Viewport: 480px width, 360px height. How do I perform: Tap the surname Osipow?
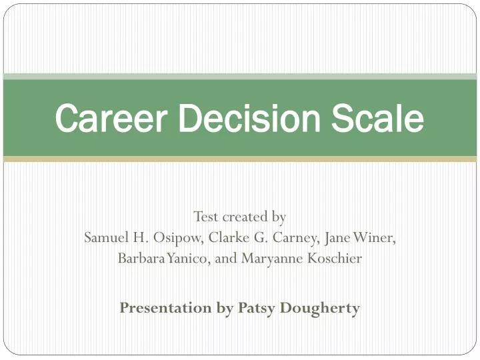click(180, 238)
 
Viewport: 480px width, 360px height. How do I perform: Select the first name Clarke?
click(230, 238)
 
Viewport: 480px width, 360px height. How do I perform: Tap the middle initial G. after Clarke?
click(259, 238)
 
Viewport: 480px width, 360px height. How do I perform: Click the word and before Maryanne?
click(226, 259)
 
